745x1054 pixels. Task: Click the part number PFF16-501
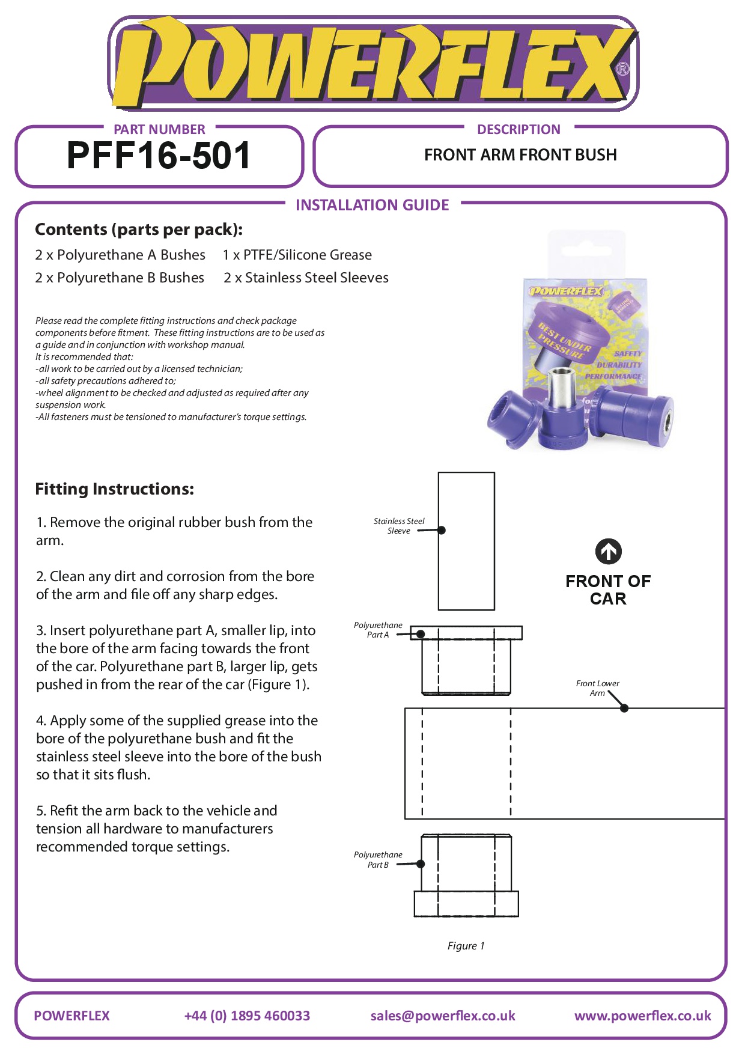[x=159, y=156]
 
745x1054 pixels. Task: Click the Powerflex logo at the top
[x=372, y=63]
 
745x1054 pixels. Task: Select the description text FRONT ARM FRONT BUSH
[x=520, y=155]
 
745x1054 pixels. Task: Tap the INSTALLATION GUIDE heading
[x=372, y=206]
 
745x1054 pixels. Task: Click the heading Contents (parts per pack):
[x=139, y=230]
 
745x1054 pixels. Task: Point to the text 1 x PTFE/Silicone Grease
[x=297, y=255]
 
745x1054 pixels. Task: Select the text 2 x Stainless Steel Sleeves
[x=306, y=278]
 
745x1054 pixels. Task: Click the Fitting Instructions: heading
[x=114, y=489]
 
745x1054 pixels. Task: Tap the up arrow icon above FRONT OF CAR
[x=608, y=552]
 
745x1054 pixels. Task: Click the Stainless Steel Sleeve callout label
[x=399, y=526]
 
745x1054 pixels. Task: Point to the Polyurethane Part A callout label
[x=378, y=630]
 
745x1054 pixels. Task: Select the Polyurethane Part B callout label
[x=378, y=859]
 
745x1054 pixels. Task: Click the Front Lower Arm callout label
[x=597, y=688]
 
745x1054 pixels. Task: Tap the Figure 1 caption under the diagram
[x=466, y=946]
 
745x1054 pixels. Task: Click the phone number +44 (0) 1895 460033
[x=247, y=1016]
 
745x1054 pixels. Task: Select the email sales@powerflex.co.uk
[x=443, y=1016]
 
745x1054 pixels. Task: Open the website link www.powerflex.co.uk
[x=642, y=1016]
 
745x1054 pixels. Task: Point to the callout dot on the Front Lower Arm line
[x=624, y=708]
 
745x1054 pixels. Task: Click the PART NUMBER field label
[x=159, y=129]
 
